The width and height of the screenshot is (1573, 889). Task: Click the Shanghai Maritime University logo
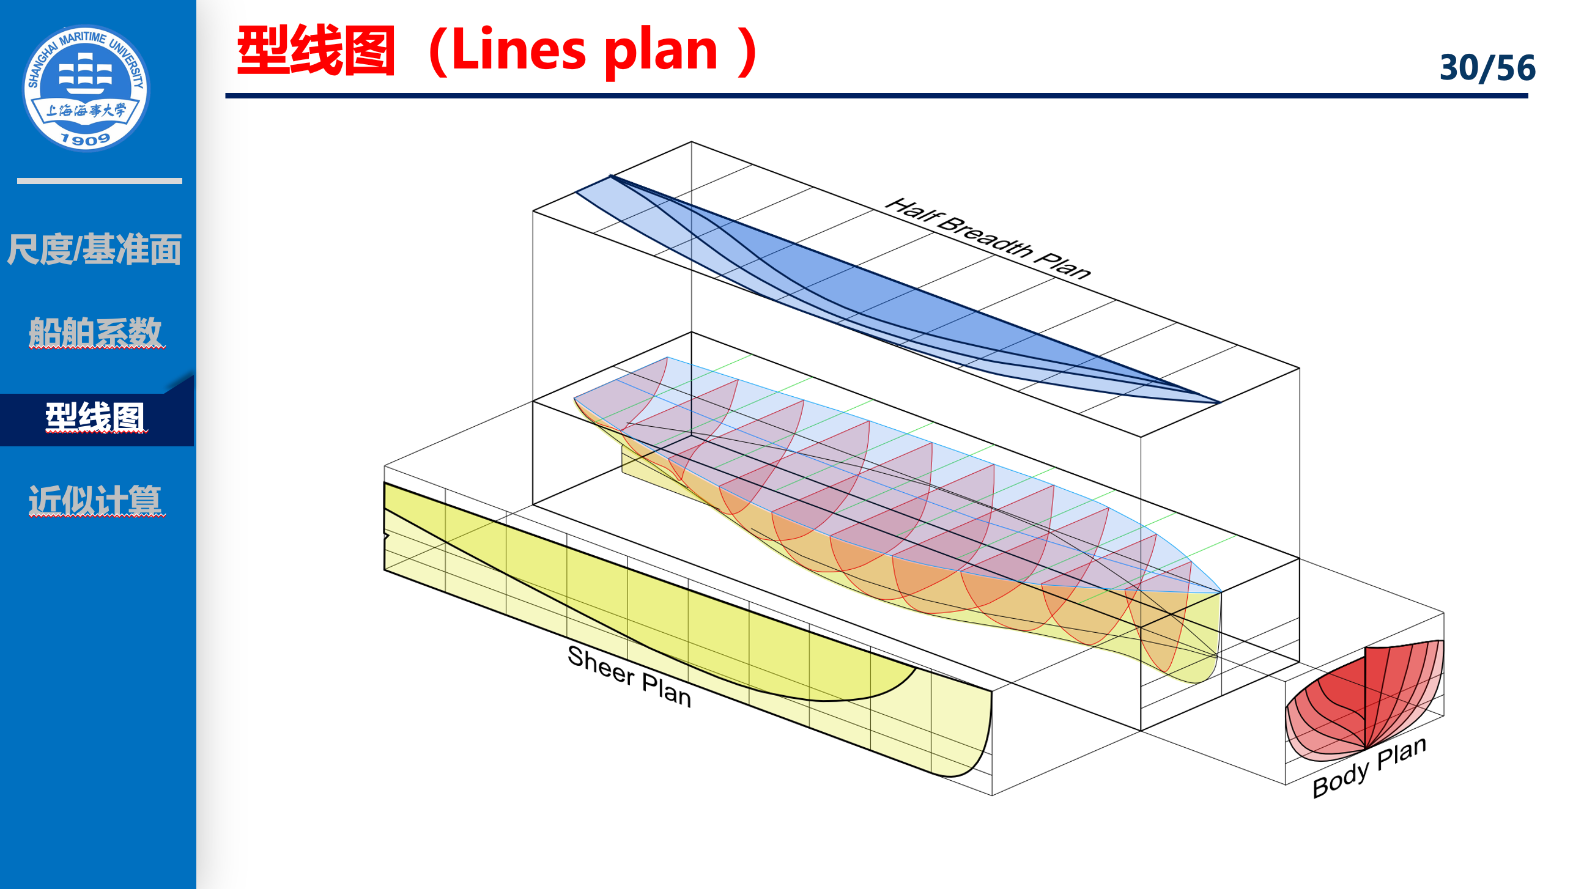coord(86,88)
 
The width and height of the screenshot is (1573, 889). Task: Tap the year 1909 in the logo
coord(86,140)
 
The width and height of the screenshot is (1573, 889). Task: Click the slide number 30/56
coord(1487,67)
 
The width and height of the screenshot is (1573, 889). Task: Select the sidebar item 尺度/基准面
coord(94,249)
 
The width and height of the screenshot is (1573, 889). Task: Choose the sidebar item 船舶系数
coord(95,332)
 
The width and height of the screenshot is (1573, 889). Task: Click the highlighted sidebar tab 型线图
coord(95,418)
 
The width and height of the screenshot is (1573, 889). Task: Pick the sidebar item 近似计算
coord(95,501)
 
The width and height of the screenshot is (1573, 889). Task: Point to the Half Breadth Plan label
coord(988,238)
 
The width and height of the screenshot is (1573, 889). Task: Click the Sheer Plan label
coord(629,676)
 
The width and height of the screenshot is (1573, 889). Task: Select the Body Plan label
coord(1369,767)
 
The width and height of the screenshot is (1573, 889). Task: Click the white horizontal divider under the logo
coord(99,181)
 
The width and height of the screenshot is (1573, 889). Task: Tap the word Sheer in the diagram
coord(601,665)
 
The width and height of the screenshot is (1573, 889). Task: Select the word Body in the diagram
coord(1340,780)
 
